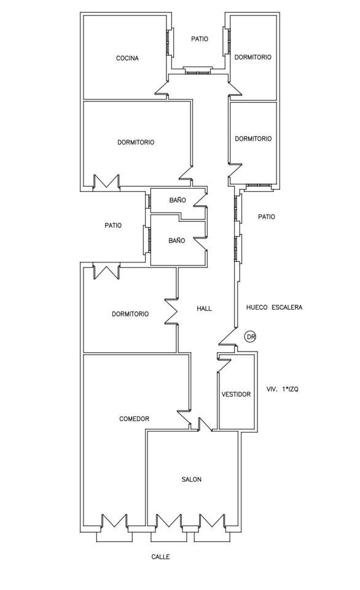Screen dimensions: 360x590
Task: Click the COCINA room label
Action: click(127, 58)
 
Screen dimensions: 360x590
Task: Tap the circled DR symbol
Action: click(250, 337)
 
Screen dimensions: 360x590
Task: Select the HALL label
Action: click(204, 309)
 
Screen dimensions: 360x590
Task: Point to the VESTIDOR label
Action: click(236, 395)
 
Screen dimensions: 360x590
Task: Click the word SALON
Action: click(192, 479)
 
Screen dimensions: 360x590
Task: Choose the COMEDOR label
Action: click(135, 419)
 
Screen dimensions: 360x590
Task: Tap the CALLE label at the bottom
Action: click(160, 557)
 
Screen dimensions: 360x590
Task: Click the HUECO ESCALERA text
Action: click(274, 307)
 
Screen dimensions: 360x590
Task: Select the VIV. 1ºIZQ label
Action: click(282, 390)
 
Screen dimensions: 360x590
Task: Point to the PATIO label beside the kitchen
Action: click(200, 39)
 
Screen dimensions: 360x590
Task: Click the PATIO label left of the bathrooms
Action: click(113, 226)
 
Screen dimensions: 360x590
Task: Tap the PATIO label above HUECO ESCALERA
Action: click(267, 217)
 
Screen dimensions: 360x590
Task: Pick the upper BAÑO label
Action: click(177, 200)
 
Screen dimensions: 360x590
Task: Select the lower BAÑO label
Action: click(177, 240)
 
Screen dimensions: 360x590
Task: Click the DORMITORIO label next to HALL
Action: click(130, 314)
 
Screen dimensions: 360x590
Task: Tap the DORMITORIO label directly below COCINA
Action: click(136, 142)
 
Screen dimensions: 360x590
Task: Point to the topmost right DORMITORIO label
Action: click(252, 57)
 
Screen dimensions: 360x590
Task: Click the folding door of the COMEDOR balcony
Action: click(114, 522)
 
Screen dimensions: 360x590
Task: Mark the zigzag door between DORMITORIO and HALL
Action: click(171, 311)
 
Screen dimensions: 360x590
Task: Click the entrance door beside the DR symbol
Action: click(227, 336)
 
